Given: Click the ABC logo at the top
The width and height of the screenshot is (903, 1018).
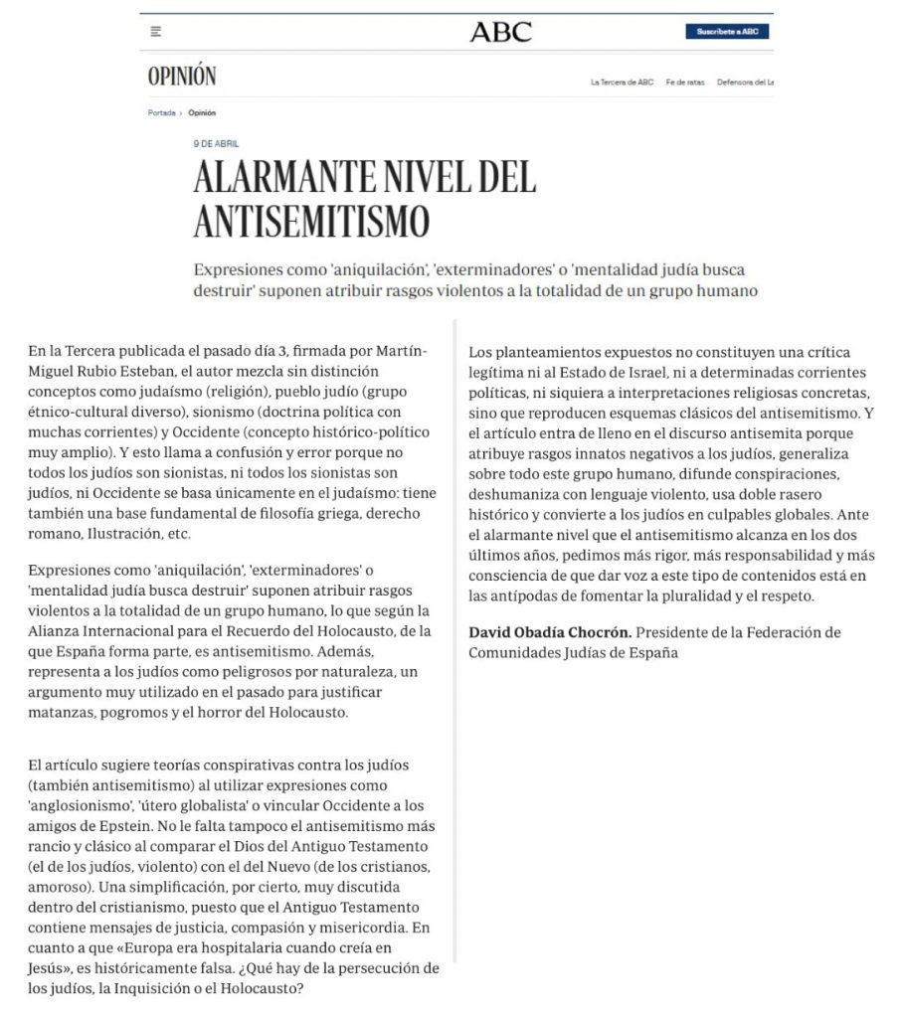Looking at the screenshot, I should [500, 32].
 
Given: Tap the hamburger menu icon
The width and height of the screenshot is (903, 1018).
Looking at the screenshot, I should [156, 32].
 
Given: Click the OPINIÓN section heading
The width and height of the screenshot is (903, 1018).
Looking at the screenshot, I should [181, 77].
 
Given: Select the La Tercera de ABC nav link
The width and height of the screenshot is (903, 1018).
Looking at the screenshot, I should [622, 83].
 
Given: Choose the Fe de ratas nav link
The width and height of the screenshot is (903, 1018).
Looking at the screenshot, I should [685, 83].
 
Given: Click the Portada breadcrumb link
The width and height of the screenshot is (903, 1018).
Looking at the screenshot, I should [161, 112].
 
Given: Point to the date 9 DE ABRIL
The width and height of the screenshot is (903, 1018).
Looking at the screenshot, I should [216, 144].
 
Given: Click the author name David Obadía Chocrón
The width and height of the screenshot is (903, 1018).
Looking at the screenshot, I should [549, 632].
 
